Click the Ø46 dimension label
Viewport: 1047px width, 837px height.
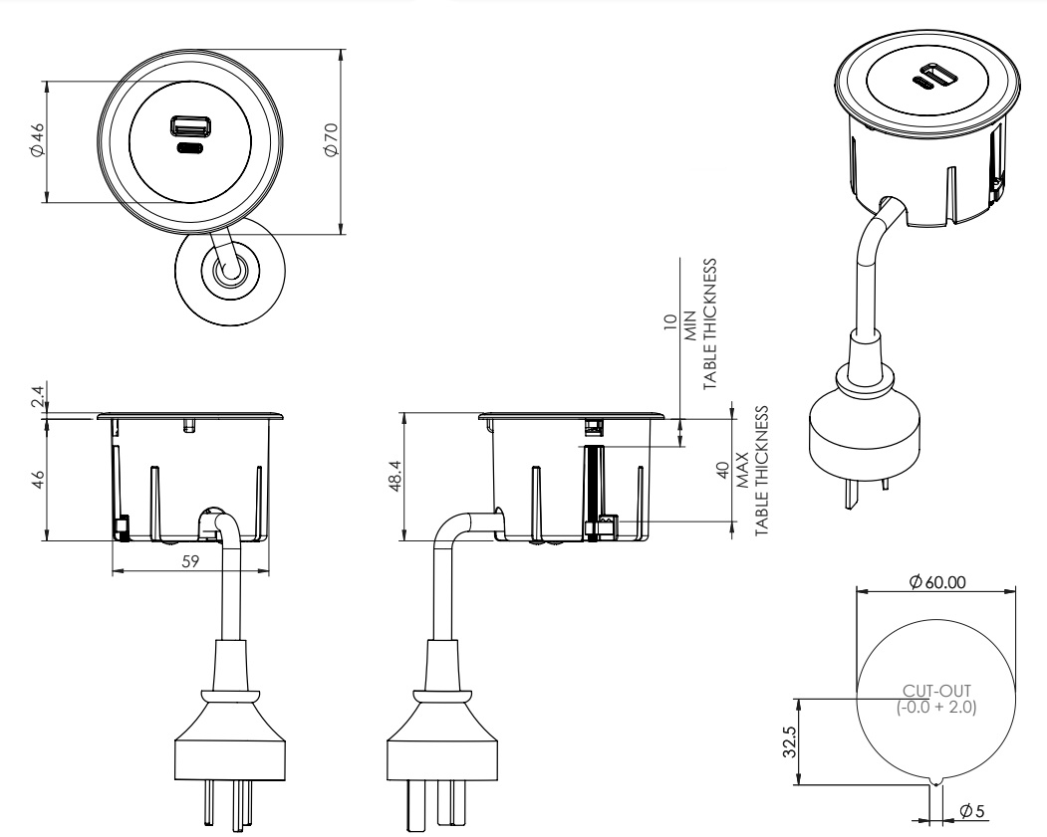click(35, 142)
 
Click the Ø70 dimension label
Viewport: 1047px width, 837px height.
click(331, 142)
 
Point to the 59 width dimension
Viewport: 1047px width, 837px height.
click(190, 561)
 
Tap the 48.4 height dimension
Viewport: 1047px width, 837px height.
click(394, 479)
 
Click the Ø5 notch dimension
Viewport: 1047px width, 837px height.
click(972, 811)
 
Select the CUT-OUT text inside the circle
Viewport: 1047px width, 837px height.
click(937, 691)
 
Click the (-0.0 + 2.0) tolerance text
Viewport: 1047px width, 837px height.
click(937, 707)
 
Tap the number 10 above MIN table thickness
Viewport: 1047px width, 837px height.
click(670, 324)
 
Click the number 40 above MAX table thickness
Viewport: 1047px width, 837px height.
click(724, 470)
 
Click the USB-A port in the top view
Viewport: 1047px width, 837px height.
click(186, 126)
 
